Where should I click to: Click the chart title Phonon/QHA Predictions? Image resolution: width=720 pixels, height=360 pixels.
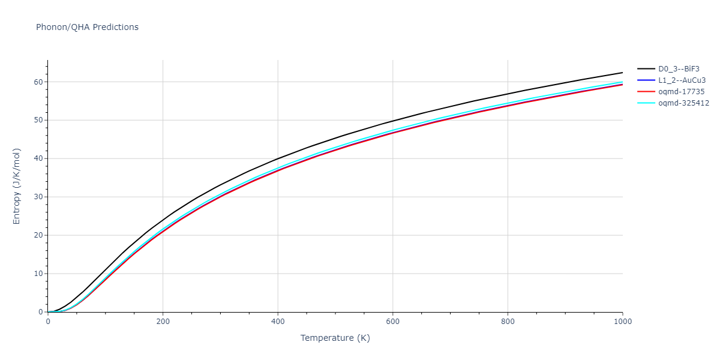(87, 27)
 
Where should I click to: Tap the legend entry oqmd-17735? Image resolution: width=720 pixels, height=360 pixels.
(681, 92)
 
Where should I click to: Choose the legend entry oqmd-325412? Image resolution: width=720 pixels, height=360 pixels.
(683, 103)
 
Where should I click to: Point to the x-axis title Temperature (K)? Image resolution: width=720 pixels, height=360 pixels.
(335, 338)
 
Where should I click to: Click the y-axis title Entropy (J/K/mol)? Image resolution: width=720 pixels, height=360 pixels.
(17, 186)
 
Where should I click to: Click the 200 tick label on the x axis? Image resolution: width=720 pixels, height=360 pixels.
(163, 321)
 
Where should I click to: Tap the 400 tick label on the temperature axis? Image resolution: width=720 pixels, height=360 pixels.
(278, 321)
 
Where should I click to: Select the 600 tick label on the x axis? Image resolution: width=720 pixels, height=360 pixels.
(392, 321)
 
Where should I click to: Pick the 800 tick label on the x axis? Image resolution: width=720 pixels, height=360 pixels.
(508, 321)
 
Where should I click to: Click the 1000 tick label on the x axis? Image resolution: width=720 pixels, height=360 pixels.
(622, 321)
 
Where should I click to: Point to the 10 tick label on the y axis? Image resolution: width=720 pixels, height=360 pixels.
(38, 274)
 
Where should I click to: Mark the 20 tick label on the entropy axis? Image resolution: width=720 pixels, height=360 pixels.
(38, 235)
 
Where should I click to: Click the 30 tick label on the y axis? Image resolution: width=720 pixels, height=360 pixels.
(38, 197)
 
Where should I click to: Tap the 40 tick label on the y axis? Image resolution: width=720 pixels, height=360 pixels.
(38, 158)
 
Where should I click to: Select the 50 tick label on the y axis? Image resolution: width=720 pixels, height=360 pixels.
(38, 120)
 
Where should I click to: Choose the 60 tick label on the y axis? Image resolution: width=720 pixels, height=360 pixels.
(38, 82)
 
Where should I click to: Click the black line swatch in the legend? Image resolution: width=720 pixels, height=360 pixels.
(646, 69)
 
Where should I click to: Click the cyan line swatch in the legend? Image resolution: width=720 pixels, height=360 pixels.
(646, 103)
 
